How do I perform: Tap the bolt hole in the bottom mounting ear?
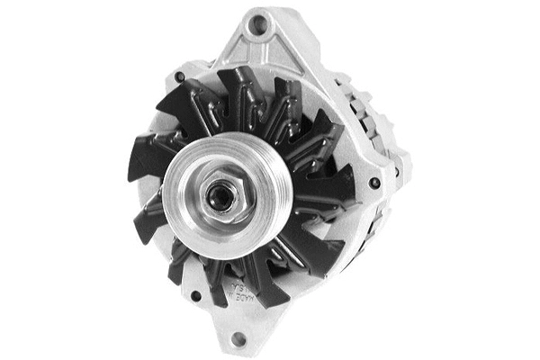pos(238,339)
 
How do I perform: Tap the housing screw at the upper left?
pos(180,77)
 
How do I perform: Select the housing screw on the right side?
pos(373,183)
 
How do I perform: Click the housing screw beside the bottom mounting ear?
pos(195,294)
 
